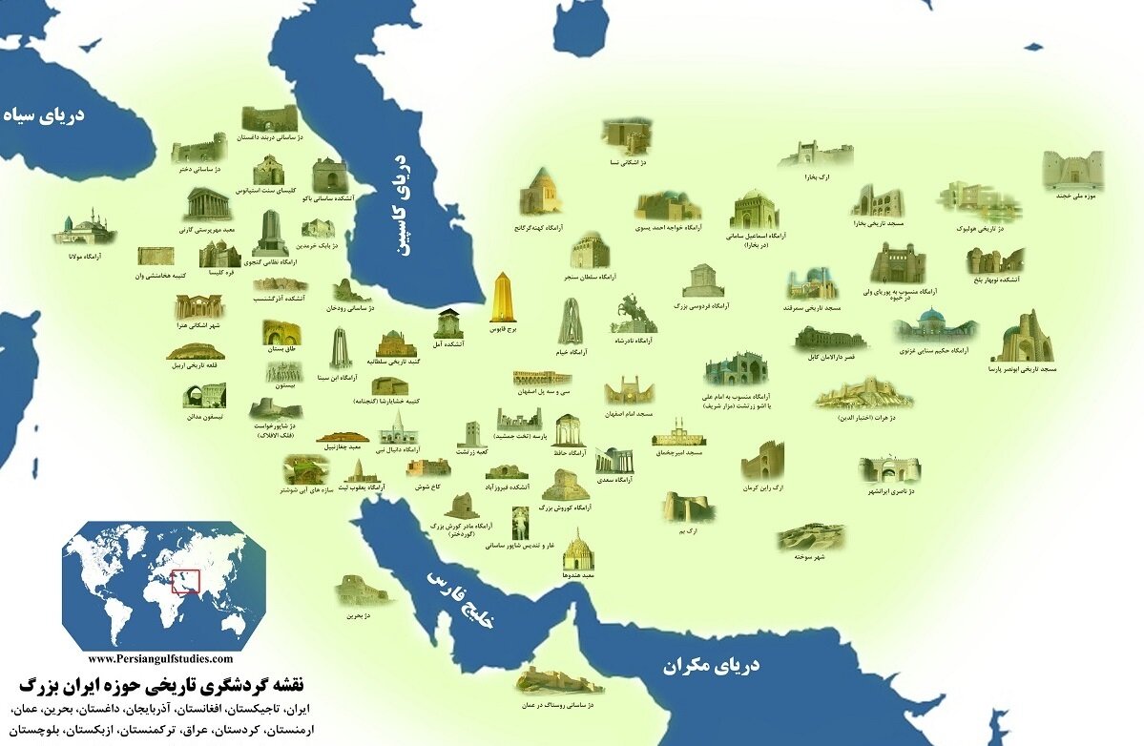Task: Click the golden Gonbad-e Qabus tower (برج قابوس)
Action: click(x=503, y=298)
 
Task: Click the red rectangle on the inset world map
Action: click(x=185, y=579)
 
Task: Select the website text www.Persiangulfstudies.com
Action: click(x=159, y=658)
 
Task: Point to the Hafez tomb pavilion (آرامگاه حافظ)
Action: click(x=567, y=431)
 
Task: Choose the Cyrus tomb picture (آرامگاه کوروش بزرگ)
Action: click(x=566, y=486)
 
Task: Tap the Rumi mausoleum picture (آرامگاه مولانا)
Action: click(x=83, y=230)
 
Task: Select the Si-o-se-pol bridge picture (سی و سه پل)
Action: click(x=542, y=377)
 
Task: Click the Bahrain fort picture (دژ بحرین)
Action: click(x=362, y=591)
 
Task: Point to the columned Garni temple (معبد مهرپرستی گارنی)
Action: click(x=204, y=204)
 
